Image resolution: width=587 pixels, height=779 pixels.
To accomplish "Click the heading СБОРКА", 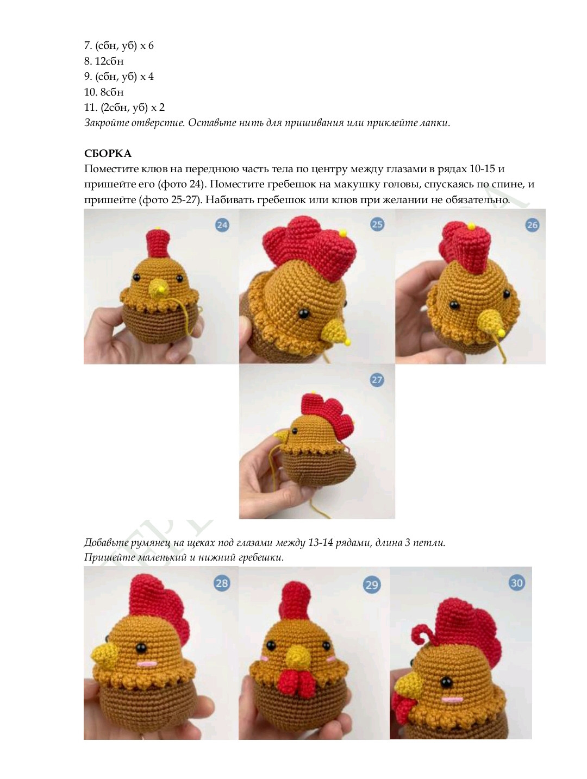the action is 108,153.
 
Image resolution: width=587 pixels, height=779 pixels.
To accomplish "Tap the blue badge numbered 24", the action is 222,225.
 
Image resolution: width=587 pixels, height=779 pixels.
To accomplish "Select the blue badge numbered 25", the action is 377,224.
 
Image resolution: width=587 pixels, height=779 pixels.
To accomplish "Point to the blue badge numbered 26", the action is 532,225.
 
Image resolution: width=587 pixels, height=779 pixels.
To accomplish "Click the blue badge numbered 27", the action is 377,380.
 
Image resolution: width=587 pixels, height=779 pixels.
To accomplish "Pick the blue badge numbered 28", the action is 222,583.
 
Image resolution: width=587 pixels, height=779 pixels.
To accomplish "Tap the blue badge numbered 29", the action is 371,585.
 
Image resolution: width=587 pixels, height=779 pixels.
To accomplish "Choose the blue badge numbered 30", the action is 517,583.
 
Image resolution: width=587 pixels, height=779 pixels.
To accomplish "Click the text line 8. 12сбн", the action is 104,61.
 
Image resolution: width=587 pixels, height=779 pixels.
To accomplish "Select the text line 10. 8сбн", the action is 104,92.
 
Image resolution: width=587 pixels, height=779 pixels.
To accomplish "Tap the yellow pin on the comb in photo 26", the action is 471,226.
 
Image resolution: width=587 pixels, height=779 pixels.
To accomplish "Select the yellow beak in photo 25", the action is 336,331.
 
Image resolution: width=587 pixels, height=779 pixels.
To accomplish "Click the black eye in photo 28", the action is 141,648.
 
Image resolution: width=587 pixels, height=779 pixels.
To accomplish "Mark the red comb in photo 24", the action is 158,243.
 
